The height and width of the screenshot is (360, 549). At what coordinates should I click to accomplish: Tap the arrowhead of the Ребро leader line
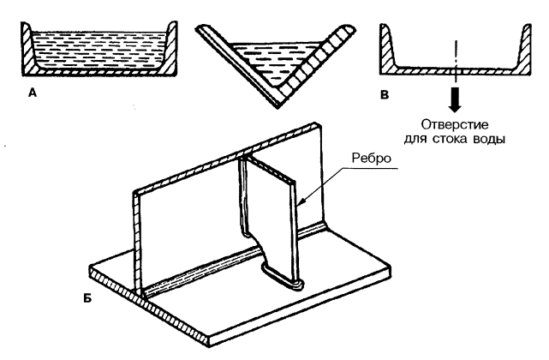(x=302, y=202)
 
